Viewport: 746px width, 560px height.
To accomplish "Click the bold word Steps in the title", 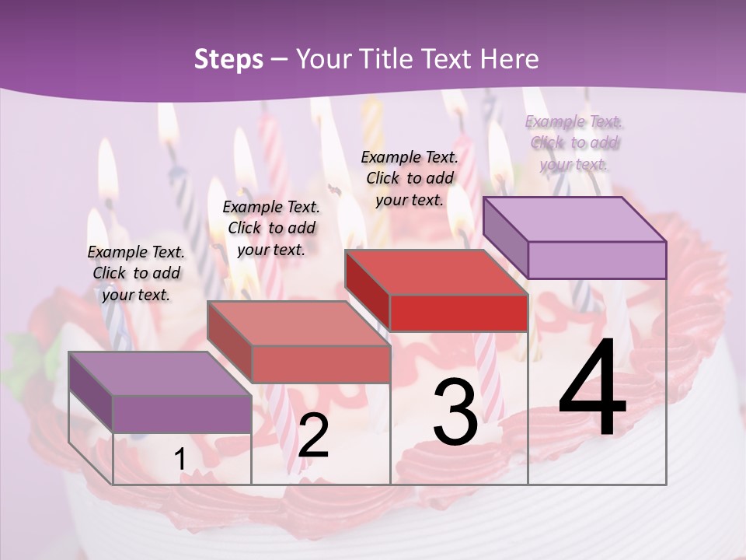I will [228, 59].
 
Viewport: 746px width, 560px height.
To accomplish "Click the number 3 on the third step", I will [455, 411].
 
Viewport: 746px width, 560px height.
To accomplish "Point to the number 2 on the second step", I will [313, 435].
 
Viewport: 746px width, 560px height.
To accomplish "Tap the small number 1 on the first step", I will [180, 460].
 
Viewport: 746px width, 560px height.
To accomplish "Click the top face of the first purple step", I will [160, 373].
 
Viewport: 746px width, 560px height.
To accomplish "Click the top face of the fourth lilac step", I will [575, 219].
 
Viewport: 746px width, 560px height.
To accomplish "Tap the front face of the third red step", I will [458, 313].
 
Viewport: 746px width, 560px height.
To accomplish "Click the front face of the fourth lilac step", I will [597, 260].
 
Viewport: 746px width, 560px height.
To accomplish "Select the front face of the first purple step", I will [182, 414].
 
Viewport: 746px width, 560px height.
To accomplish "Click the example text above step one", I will [136, 273].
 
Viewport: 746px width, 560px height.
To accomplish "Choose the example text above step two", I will [271, 228].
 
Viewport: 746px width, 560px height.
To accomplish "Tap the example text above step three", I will [410, 177].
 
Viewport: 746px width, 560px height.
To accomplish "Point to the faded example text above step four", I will [574, 142].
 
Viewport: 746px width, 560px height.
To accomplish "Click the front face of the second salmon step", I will [320, 364].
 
